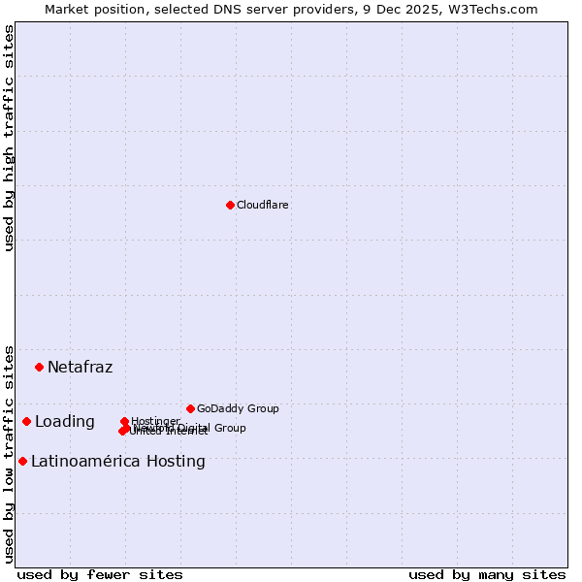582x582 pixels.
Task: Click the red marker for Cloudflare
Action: tap(230, 205)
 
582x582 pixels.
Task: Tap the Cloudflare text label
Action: tap(263, 205)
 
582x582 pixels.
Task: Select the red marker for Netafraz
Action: tap(40, 367)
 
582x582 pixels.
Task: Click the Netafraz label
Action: tap(80, 367)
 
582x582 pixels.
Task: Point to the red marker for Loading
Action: tap(27, 421)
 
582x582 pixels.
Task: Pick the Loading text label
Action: tap(65, 422)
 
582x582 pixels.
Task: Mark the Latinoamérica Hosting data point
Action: tap(22, 461)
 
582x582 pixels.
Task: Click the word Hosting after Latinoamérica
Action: tap(176, 462)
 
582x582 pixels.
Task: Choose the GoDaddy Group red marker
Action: tap(190, 408)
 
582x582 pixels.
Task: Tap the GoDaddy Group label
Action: tap(238, 408)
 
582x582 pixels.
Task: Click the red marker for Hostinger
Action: tap(124, 421)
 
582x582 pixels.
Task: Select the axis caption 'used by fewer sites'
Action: tap(100, 575)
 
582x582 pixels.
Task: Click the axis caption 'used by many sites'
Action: tap(487, 575)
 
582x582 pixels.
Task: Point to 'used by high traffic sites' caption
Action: tap(9, 138)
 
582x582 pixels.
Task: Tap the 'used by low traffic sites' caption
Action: tap(9, 453)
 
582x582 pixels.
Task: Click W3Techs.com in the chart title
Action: tap(497, 9)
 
